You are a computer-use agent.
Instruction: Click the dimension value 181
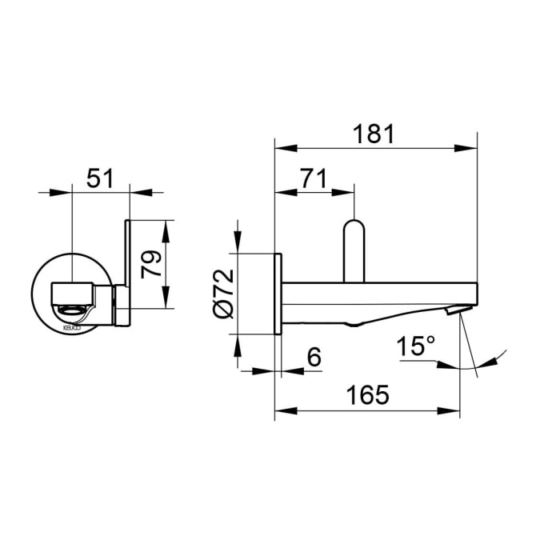pos(374,134)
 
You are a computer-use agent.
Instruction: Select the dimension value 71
pos(314,178)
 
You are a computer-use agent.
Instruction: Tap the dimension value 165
pos(367,394)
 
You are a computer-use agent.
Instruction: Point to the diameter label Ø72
pos(223,293)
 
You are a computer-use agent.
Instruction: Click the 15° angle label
pos(416,346)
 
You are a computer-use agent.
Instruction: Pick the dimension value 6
pos(314,357)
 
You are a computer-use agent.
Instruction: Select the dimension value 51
pos(100,178)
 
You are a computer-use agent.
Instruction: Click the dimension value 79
pos(151,264)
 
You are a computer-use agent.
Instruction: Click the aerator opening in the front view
pos(73,310)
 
